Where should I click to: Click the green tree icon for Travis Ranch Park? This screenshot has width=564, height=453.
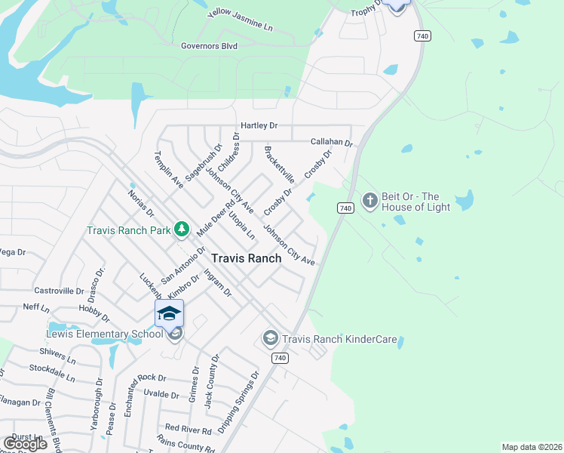click(x=181, y=228)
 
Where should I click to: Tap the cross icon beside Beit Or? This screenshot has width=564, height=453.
click(x=369, y=201)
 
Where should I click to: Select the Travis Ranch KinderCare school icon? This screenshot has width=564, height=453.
click(x=270, y=339)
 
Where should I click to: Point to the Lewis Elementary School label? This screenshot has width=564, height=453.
click(x=93, y=333)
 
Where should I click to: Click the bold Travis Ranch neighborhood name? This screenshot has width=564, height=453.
click(x=246, y=258)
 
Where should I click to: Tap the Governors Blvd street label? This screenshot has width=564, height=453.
click(x=209, y=46)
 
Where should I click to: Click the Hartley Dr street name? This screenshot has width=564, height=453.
click(x=259, y=125)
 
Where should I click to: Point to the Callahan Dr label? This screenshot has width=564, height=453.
click(x=332, y=142)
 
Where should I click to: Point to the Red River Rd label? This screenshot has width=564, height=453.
click(x=188, y=430)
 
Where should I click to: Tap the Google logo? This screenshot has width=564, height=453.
click(x=25, y=443)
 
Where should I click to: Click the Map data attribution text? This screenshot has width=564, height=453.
click(x=531, y=447)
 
